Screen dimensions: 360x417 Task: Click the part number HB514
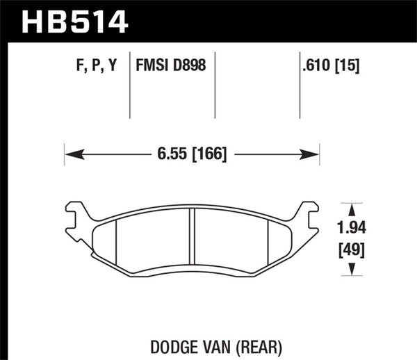pyautogui.click(x=76, y=20)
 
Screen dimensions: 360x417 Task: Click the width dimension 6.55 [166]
pyautogui.click(x=192, y=154)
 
